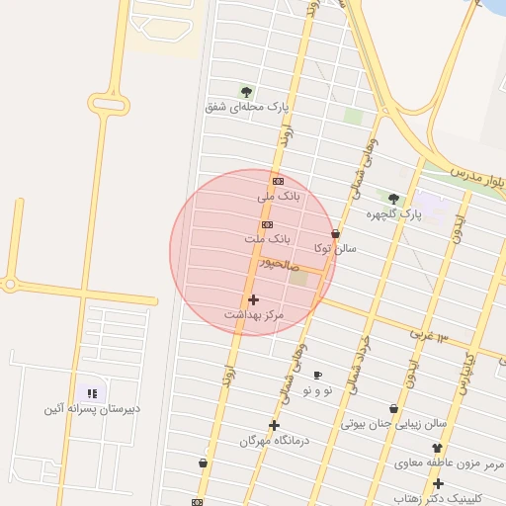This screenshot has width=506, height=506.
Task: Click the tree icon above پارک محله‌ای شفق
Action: (x=246, y=92)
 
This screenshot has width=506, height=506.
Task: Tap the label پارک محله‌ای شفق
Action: (x=247, y=107)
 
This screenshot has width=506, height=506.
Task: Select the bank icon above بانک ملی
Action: (x=278, y=181)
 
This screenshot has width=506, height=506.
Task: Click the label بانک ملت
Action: (x=268, y=239)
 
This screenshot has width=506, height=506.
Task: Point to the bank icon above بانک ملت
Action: (x=267, y=224)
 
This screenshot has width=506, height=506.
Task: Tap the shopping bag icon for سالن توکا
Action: (x=335, y=234)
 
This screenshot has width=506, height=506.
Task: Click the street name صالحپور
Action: (x=279, y=264)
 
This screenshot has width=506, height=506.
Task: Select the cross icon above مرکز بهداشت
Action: (x=253, y=298)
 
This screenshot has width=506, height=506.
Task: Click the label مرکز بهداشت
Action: (x=254, y=314)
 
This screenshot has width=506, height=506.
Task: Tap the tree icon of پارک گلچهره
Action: (x=393, y=199)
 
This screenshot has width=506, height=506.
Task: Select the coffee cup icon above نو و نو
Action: (x=317, y=376)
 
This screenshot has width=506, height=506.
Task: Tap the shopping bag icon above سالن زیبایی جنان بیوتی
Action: (x=394, y=408)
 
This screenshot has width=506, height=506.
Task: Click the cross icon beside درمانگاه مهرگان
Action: (x=274, y=425)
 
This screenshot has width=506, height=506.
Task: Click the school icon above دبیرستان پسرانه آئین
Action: (x=91, y=393)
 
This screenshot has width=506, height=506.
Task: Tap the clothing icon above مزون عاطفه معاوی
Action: (x=437, y=448)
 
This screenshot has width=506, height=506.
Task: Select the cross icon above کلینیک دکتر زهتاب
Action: (x=438, y=483)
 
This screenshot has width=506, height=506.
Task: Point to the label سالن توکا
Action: (x=335, y=248)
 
